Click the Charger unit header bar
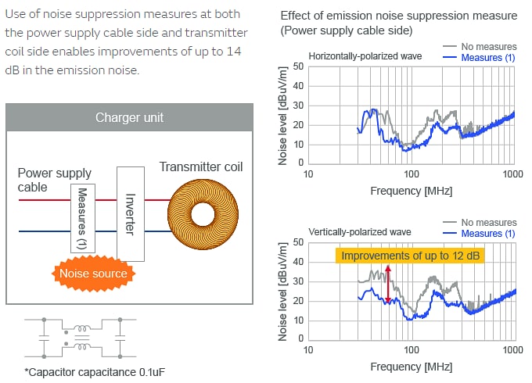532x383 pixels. click(129, 117)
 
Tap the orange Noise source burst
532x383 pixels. click(93, 274)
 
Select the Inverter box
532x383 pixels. click(130, 213)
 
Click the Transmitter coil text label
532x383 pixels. click(201, 166)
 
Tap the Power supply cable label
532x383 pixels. click(54, 180)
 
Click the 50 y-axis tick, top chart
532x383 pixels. click(298, 67)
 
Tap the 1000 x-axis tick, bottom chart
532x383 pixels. click(512, 348)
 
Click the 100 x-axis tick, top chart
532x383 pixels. click(411, 173)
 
